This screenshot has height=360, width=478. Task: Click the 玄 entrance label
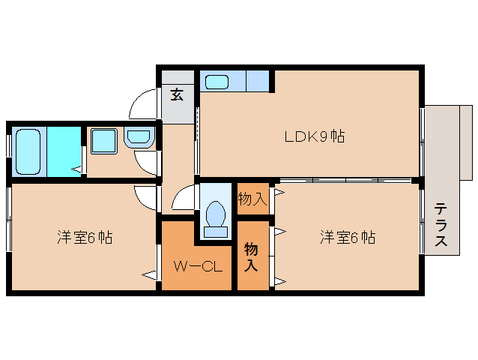177,94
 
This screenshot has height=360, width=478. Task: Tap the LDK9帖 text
314,137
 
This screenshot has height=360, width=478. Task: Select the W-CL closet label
196,265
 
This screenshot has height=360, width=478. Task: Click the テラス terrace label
441,225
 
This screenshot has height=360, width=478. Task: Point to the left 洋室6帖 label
85,238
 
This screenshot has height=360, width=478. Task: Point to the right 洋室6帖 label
348,238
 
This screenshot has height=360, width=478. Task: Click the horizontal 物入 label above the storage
252,199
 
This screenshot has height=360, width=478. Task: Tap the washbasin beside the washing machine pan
139,138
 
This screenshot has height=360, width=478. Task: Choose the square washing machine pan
103,141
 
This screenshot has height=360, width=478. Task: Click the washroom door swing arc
145,160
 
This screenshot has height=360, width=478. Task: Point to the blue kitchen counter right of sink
258,80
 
